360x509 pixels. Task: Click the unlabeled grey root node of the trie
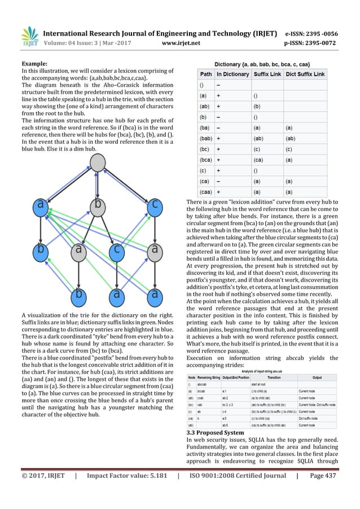(98, 164)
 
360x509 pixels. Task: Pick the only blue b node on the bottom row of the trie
(81, 295)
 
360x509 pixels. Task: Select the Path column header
(207, 74)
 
